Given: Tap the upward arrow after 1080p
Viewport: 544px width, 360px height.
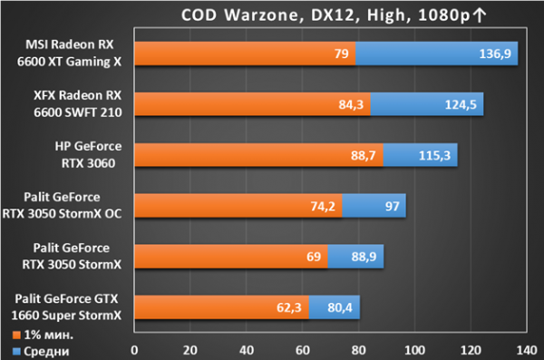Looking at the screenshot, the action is [480, 15].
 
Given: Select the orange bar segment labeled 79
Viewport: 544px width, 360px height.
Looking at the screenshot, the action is [245, 54].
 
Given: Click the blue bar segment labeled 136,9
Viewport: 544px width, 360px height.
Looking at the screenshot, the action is [437, 54].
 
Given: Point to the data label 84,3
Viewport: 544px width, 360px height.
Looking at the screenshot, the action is [351, 104].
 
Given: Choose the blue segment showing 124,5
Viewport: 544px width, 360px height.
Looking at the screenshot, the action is [427, 104].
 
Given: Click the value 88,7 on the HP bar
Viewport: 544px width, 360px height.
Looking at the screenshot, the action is [363, 155].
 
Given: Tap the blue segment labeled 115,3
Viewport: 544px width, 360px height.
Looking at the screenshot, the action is [420, 155].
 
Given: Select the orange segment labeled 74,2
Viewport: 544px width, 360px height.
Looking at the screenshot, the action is [238, 206].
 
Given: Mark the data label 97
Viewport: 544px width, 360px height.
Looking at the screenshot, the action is [392, 206].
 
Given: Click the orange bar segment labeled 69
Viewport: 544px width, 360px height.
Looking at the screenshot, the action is [231, 257].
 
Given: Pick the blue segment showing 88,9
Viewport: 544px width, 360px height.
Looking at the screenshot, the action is [355, 257].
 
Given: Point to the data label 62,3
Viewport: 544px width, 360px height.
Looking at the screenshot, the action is [288, 307].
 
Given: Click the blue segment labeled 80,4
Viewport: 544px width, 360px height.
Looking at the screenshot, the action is [335, 307].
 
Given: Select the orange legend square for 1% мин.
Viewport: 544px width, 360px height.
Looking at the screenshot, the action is [16, 335].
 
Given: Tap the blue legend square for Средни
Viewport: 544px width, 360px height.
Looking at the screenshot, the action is [16, 352].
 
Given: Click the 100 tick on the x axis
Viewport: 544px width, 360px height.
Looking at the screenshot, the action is [414, 350].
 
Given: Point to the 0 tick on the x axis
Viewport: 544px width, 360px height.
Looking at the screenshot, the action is [134, 350].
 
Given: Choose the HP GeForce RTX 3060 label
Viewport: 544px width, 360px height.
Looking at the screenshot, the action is [88, 155].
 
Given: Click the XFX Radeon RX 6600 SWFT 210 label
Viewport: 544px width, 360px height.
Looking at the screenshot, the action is [78, 103].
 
